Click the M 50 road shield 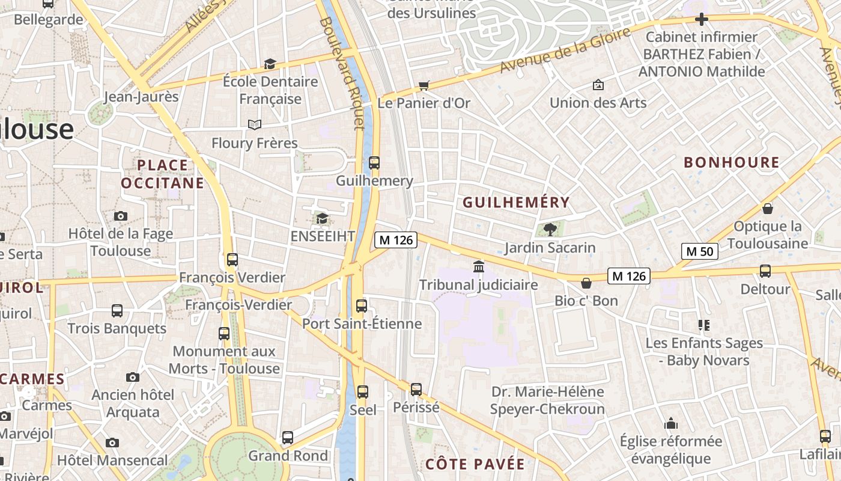700,251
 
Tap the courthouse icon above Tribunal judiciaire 479,266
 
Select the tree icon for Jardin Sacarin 550,229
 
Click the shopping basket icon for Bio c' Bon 586,283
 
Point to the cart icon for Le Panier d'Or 424,85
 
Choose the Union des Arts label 598,103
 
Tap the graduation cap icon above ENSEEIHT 323,218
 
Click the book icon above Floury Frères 255,124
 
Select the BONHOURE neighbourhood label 732,162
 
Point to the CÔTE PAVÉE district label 475,464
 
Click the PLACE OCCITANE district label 163,174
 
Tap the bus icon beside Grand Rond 288,438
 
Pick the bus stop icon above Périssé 416,389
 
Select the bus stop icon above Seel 363,392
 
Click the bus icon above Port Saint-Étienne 362,305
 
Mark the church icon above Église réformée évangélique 671,423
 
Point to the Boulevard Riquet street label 342,72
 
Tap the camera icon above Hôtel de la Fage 121,216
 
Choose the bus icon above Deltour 765,271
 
